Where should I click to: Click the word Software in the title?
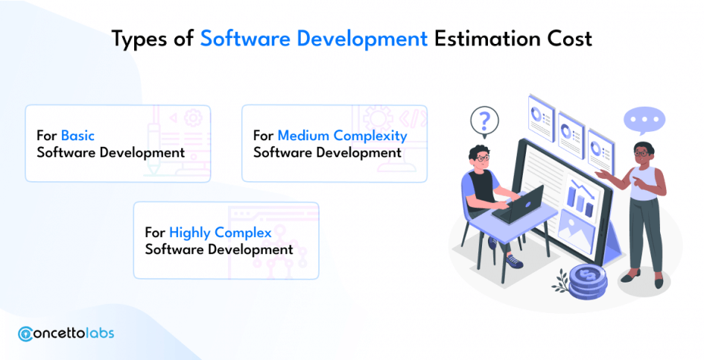[x=245, y=39]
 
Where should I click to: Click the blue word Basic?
[x=77, y=136]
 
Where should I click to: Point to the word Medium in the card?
[x=303, y=136]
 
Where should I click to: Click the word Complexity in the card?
[x=370, y=136]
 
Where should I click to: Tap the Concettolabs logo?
[x=66, y=333]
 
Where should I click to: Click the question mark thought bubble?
[x=484, y=122]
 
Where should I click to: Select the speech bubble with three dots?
[x=644, y=121]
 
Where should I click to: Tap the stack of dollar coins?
[x=588, y=282]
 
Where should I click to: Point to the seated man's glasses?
[x=482, y=158]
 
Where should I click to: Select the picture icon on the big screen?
[x=577, y=233]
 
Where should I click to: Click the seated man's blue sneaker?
[x=514, y=261]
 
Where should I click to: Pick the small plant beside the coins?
[x=560, y=280]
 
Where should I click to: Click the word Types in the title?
[x=139, y=40]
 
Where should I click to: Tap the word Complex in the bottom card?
[x=243, y=233]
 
